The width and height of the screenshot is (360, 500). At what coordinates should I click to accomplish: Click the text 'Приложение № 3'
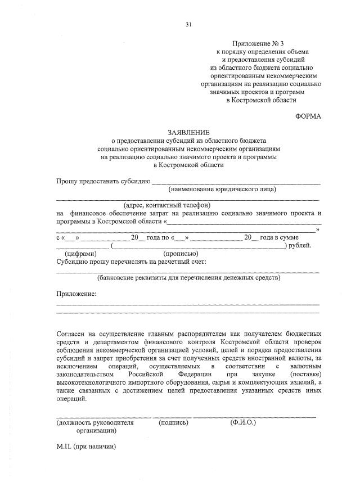[x=260, y=44]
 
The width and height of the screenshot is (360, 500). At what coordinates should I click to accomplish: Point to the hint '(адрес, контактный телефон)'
[x=167, y=205]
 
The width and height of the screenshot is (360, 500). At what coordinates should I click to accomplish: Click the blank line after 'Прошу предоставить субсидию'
[x=236, y=181]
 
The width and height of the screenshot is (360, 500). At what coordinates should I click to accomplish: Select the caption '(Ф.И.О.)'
[x=242, y=422]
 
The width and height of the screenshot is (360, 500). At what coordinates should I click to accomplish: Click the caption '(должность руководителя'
[x=95, y=422]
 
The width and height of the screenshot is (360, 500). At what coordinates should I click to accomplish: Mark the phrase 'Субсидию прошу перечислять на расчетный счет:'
[x=132, y=262]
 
